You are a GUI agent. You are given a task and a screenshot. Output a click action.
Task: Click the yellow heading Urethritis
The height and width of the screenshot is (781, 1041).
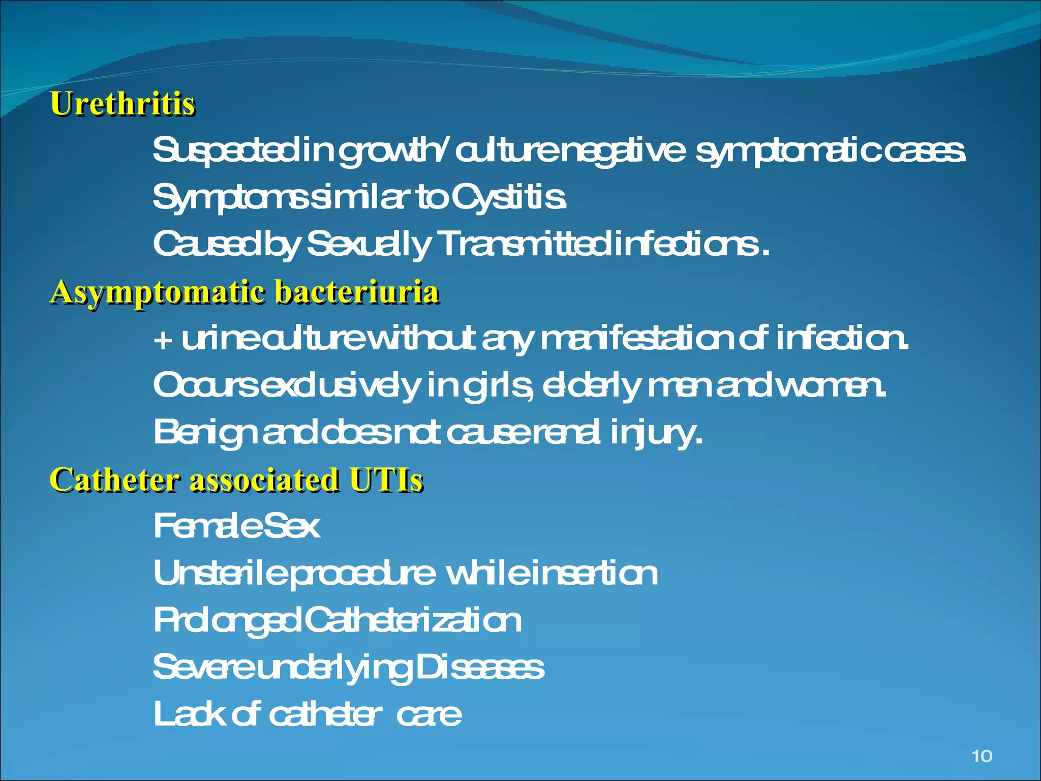(123, 104)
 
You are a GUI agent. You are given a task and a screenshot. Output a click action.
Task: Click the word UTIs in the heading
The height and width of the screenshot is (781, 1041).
(386, 480)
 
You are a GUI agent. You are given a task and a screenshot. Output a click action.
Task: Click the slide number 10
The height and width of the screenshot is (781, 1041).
(982, 756)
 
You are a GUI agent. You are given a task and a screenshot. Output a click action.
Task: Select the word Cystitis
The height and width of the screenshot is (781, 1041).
(508, 197)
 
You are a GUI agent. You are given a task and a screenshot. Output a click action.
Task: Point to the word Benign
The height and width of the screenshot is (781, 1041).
(204, 433)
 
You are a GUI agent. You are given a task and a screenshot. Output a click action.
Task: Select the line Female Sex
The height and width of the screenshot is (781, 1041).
(236, 526)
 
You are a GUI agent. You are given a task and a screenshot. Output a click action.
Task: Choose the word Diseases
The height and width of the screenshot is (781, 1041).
(479, 668)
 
